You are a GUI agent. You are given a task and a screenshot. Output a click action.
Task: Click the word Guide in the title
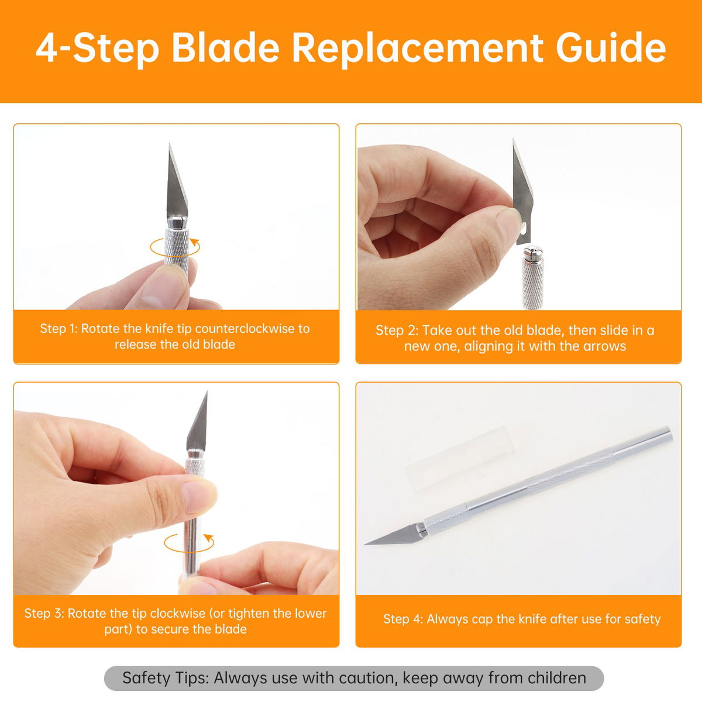611,49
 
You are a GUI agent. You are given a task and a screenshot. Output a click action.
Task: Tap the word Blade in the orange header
225,48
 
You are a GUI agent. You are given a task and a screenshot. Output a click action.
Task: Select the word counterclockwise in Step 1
242,329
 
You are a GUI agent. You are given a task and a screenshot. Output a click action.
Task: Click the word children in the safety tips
557,679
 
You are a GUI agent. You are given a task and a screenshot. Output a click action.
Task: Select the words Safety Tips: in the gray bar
165,679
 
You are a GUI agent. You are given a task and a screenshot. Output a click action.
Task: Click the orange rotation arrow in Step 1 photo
175,247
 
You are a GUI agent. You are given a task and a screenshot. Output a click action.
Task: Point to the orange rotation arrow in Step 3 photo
189,543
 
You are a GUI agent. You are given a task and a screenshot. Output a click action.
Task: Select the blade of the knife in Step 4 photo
393,535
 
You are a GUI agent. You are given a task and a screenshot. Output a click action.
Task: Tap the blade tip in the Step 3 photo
207,393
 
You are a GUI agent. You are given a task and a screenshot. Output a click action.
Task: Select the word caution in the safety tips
366,679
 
